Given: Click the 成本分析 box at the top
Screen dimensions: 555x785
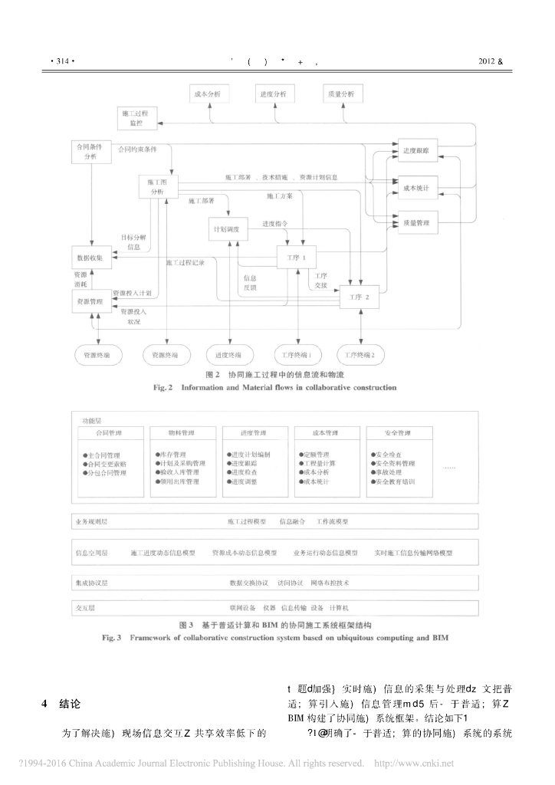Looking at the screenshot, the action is point(208,94).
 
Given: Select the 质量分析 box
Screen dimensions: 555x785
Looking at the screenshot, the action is point(340,94).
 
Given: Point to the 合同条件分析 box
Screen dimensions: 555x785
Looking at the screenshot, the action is point(90,151).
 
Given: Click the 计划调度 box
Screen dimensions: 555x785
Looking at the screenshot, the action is point(228,230).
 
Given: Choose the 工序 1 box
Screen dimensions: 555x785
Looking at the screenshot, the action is point(297,258).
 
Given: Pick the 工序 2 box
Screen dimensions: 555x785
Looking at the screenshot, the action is point(359,297).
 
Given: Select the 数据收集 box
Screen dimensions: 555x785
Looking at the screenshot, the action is point(90,258).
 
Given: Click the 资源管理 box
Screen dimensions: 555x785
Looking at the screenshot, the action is point(90,303).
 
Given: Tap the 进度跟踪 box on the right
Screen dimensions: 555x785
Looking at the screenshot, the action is point(417,151).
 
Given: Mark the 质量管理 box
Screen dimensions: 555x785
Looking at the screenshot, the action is point(417,223).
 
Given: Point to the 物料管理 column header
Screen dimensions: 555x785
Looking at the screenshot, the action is point(178,433).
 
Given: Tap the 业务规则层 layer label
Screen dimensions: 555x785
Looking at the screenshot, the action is point(92,521).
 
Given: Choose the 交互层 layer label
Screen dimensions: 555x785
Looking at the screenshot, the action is point(84,607).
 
